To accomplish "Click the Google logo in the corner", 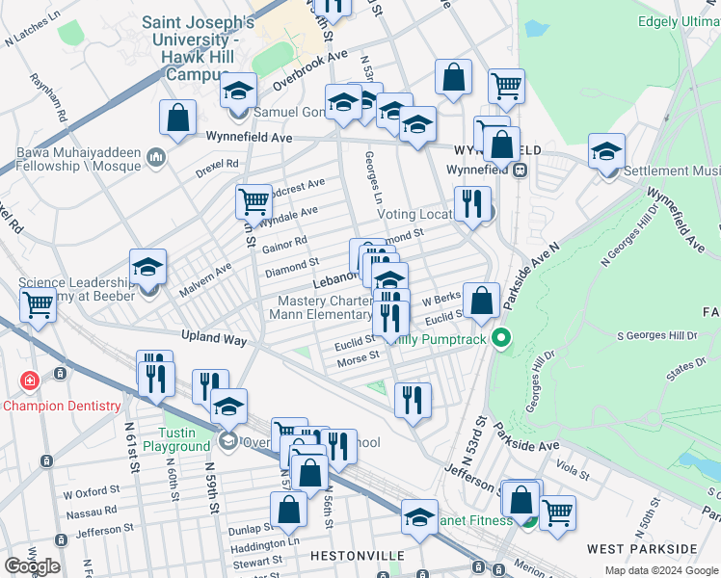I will (x=32, y=565).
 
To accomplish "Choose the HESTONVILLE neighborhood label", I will (x=349, y=557).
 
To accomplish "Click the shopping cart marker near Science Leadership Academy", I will (x=39, y=304).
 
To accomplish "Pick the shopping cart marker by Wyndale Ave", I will (x=254, y=201).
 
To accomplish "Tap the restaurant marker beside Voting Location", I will (x=471, y=204).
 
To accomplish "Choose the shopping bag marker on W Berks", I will (x=481, y=299).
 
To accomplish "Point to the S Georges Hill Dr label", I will (x=656, y=335).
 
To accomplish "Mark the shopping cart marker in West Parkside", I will (x=557, y=512).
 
